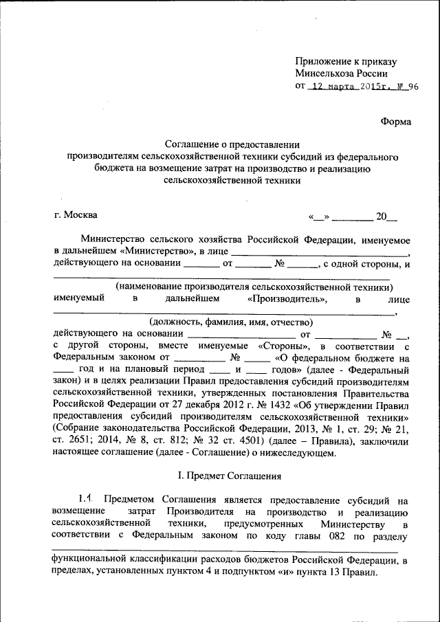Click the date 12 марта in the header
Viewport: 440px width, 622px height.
pyautogui.click(x=331, y=87)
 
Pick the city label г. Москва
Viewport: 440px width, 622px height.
pyautogui.click(x=75, y=215)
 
